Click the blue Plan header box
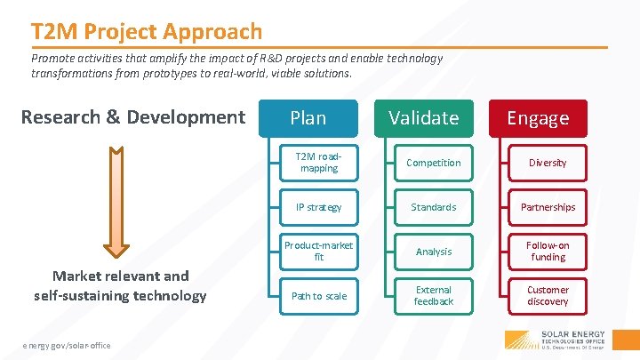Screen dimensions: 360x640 308,118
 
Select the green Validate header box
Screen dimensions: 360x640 423,118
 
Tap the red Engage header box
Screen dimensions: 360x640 538,118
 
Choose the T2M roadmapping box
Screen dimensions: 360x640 318,163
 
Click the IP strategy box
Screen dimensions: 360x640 318,207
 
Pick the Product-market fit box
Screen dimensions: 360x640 318,252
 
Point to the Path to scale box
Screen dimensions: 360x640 318,296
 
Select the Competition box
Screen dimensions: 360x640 433,163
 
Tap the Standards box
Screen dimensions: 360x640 433,207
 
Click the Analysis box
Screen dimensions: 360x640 433,252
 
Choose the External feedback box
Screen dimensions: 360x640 433,296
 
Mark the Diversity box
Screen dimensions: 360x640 548,163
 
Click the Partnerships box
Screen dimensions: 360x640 548,207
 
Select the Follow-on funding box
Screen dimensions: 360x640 548,252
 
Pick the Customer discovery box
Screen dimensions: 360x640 548,296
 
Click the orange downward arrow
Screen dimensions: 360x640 119,200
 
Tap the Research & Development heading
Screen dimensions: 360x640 132,117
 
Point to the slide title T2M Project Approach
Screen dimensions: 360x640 147,32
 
